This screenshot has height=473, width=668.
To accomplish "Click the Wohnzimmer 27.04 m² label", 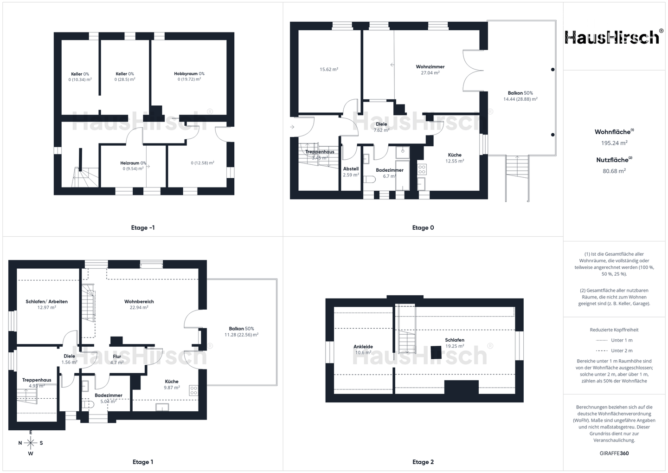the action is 430,70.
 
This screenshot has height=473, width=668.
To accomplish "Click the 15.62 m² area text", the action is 329,69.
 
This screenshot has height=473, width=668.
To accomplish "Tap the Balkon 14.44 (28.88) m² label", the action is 520,96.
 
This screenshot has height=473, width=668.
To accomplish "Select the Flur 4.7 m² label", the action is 117,359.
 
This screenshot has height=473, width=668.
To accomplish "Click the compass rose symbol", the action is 31,443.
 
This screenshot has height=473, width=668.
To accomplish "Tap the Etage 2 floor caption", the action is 423,462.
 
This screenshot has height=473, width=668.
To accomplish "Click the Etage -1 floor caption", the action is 143,228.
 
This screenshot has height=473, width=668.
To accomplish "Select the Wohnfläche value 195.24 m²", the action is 614,143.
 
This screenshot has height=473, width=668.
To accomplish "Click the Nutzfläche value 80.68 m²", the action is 614,171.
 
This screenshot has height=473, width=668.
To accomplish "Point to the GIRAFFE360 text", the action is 614,454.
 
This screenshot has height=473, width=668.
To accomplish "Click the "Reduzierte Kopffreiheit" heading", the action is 614,330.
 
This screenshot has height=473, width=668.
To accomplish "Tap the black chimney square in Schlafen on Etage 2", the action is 436,352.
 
